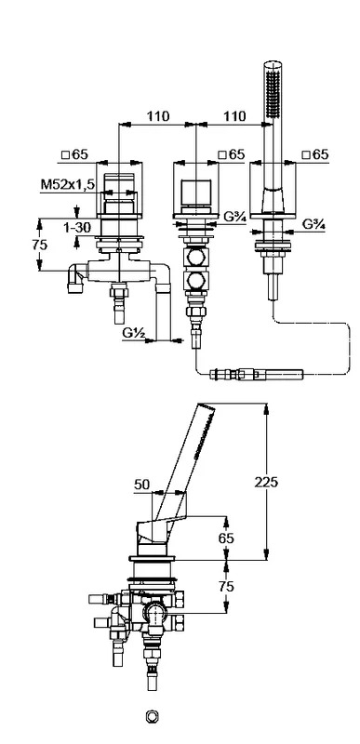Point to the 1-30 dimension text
[76, 228]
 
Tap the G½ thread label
[133, 333]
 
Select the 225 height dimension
[266, 482]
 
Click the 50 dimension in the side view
[141, 485]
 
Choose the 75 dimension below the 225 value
[227, 587]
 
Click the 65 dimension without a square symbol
[227, 538]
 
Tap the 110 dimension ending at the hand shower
[234, 115]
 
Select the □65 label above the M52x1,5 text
[75, 154]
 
